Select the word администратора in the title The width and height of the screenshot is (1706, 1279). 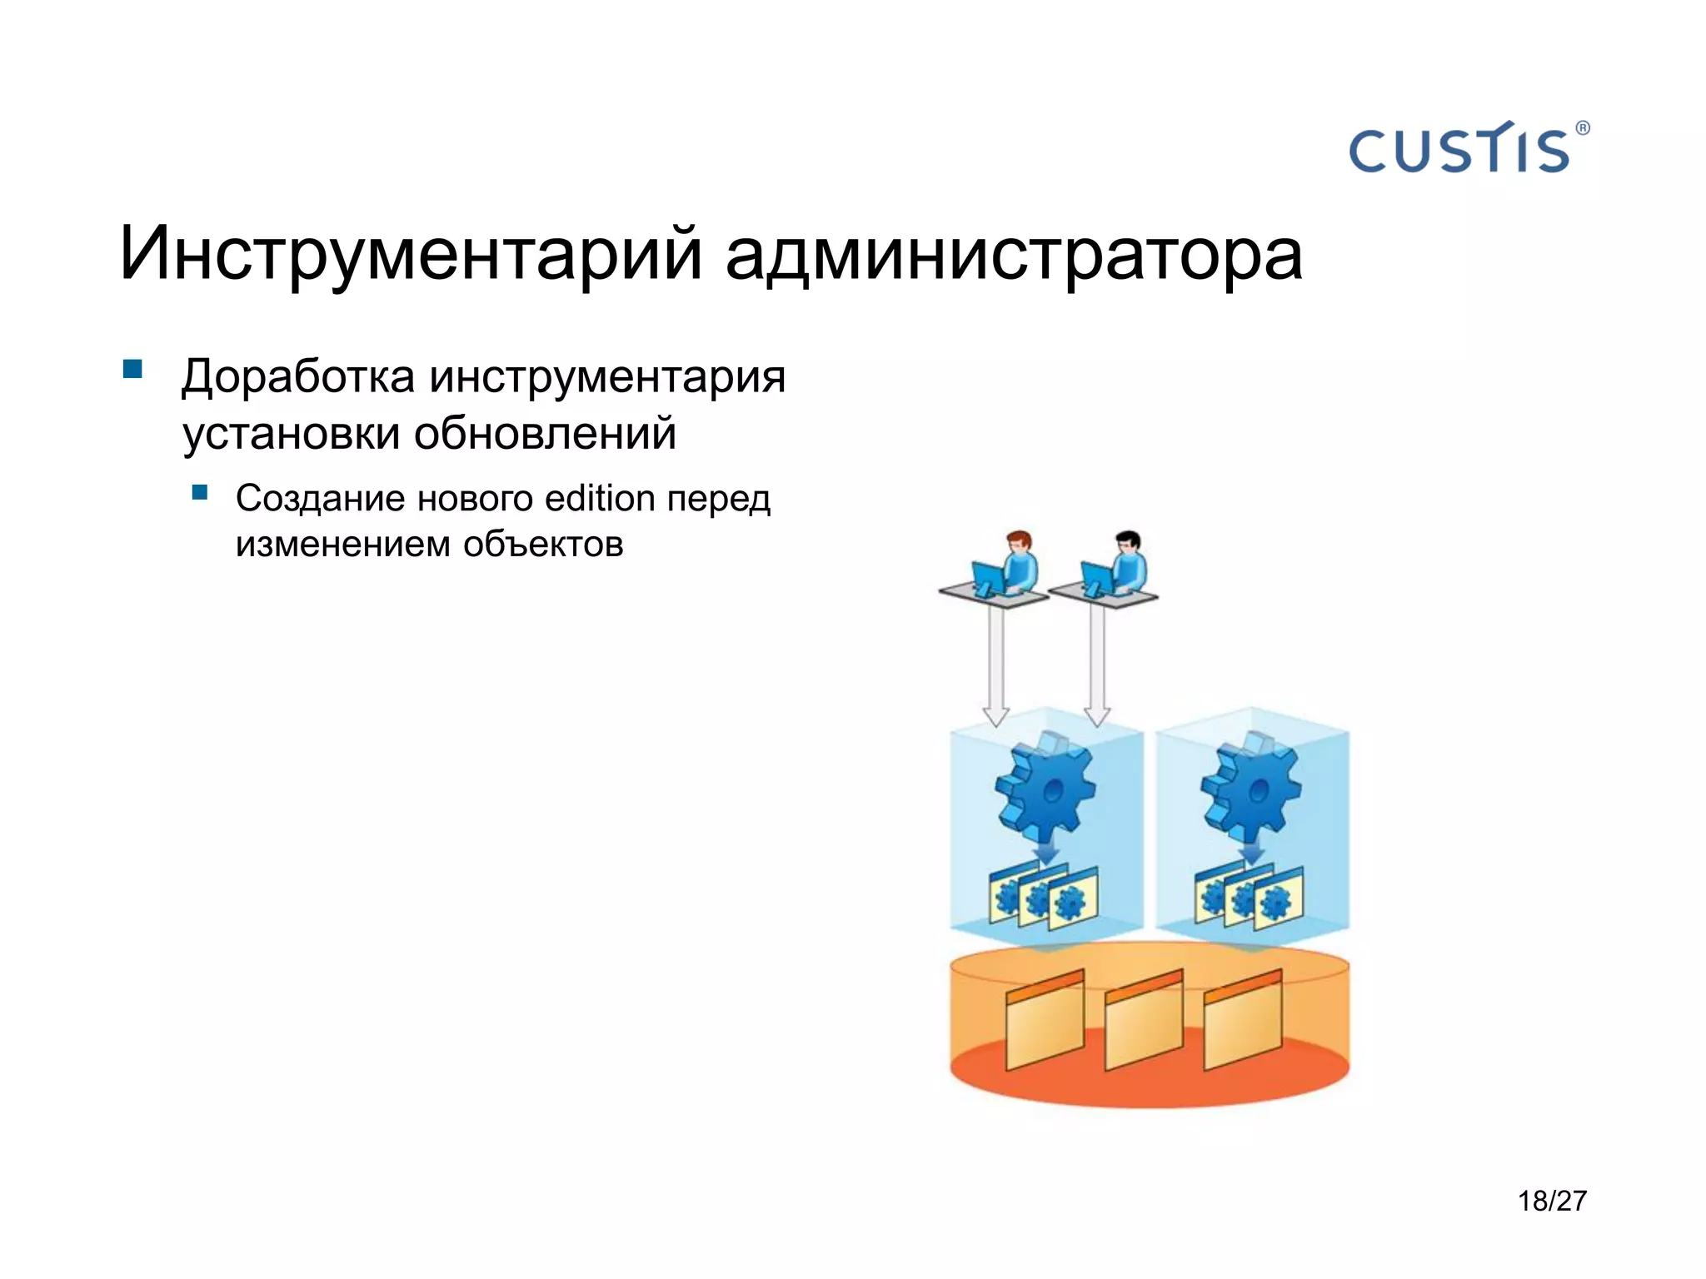click(1013, 254)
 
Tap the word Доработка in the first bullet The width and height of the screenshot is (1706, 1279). click(298, 376)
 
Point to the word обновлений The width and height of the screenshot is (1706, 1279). click(545, 434)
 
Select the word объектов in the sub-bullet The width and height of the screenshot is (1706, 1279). click(543, 545)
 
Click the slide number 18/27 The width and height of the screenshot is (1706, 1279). click(1552, 1201)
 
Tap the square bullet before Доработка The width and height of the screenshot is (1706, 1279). click(132, 369)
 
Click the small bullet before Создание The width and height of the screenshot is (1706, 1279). click(200, 492)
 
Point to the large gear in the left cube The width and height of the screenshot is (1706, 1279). click(1046, 787)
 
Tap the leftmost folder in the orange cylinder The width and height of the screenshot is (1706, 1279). click(1045, 1021)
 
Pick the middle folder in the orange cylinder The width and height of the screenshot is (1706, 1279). click(1144, 1021)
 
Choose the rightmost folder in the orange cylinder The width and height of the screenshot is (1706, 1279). click(1243, 1021)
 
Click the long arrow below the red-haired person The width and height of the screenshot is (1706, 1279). click(996, 662)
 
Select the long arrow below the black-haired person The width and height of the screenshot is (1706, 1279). click(1097, 662)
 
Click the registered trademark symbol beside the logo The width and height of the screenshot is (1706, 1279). click(1583, 128)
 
